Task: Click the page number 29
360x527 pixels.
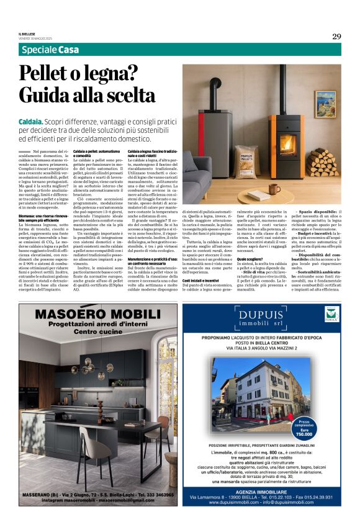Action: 336,36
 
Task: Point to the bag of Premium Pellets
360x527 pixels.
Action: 246,163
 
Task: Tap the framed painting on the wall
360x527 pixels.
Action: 325,105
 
